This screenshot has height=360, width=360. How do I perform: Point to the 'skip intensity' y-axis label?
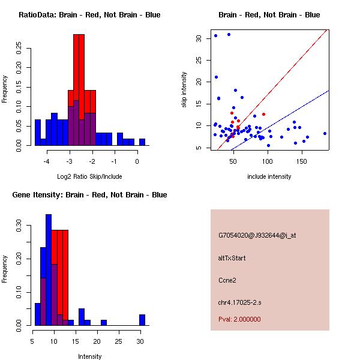pos(184,90)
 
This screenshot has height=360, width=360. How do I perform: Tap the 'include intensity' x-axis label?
pos(269,176)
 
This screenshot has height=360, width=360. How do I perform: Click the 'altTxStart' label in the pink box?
pos(232,258)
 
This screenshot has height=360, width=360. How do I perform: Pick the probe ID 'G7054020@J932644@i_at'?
pos(257,235)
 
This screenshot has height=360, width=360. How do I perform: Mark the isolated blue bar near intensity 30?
pos(142,320)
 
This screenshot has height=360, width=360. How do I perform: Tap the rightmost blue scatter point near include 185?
pos(325,133)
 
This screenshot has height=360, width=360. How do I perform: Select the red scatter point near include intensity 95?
pos(263,114)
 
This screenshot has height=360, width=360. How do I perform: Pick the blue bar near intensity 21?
pos(104,322)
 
